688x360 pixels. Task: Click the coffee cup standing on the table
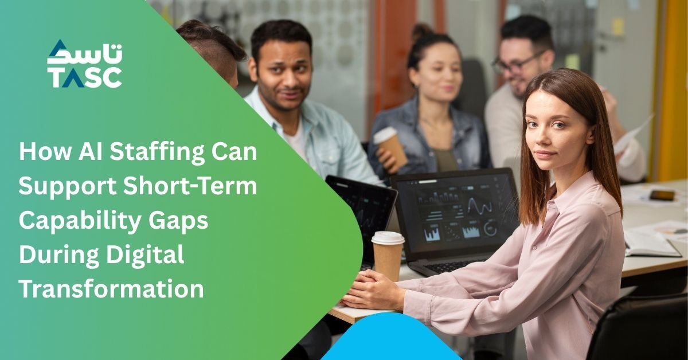click(388, 256)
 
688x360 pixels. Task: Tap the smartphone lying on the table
click(662, 195)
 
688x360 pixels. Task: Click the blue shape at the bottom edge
click(390, 338)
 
